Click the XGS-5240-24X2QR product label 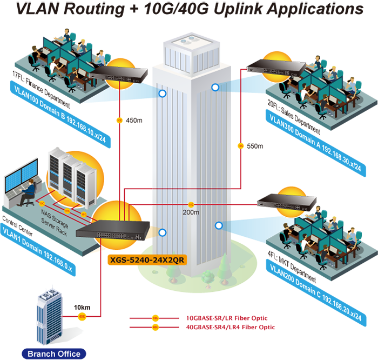[x=147, y=259]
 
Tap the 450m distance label [x=133, y=120]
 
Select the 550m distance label [x=254, y=146]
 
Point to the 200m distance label [x=191, y=212]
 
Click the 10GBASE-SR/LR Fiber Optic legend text [x=227, y=318]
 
